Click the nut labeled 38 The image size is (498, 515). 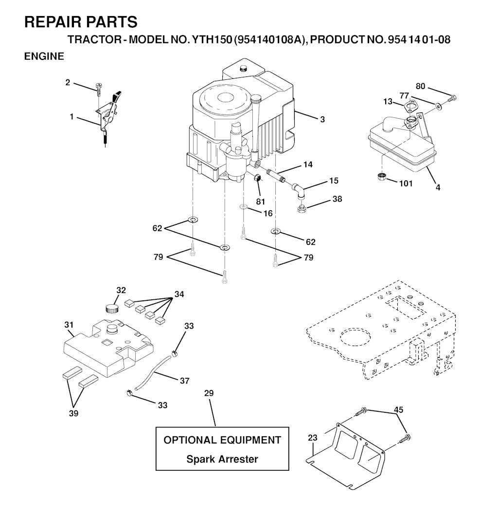tap(301, 209)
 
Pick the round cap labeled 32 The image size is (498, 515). tap(112, 308)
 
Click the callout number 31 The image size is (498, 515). tap(69, 325)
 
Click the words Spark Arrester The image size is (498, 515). tap(222, 459)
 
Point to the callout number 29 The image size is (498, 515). tap(209, 393)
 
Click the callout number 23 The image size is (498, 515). tap(312, 438)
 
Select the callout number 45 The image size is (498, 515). tap(398, 410)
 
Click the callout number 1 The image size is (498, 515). tap(72, 117)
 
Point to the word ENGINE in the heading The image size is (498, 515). tap(44, 56)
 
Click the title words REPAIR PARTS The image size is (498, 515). tap(80, 22)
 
